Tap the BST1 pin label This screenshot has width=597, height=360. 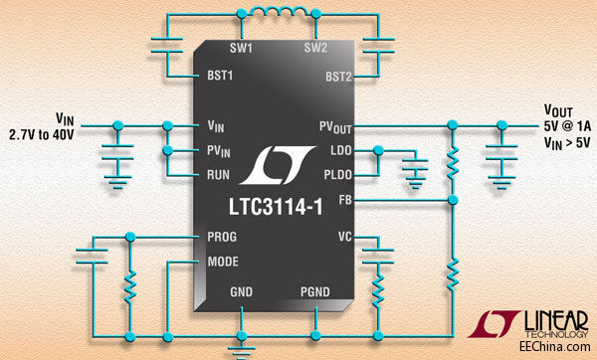pos(219,75)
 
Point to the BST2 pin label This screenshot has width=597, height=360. pos(337,75)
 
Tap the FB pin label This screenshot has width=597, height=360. pos(344,199)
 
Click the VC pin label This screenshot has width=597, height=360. pos(343,239)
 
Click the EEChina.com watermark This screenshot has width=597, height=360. pos(561,345)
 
